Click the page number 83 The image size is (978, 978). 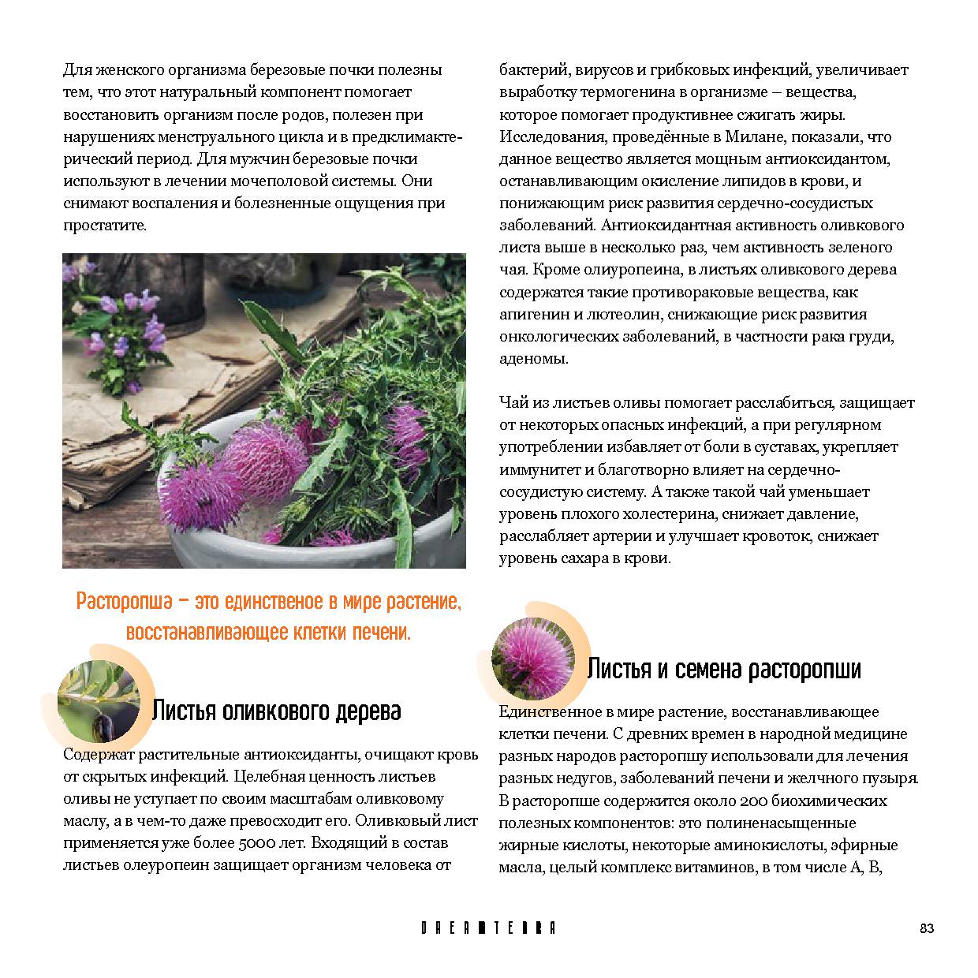927,928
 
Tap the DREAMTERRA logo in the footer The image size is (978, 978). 488,928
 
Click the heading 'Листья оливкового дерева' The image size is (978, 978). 276,711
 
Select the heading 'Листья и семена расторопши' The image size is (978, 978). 724,670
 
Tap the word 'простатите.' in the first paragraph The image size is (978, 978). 105,226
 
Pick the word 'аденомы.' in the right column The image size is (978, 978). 534,359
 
